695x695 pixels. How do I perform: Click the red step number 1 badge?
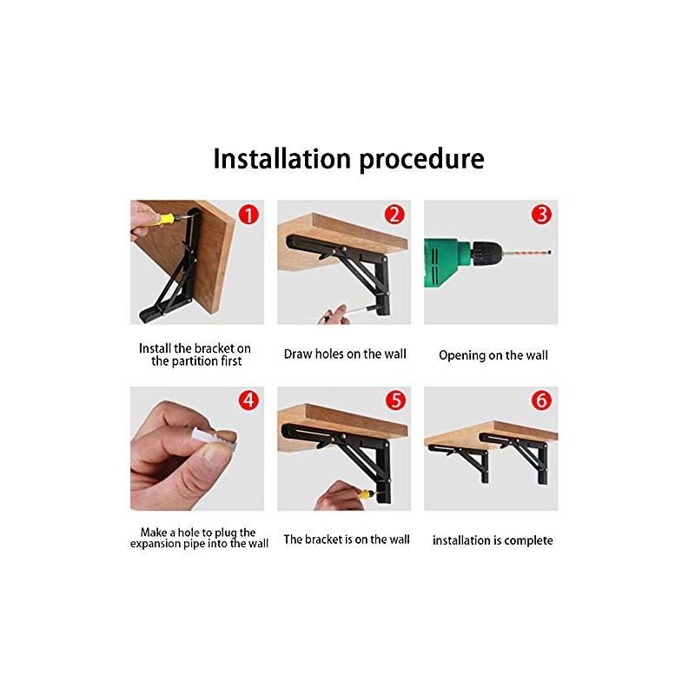pos(248,215)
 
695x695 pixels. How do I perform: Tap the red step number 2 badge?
pos(394,215)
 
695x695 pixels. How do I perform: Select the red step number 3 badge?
pos(541,215)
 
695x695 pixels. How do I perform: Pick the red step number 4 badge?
pos(248,400)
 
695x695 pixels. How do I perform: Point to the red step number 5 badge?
pos(395,400)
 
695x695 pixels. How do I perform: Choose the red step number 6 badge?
pos(541,400)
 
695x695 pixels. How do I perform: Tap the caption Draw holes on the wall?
pos(345,354)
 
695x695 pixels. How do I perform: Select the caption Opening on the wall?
pos(493,355)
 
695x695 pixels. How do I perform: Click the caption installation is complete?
pos(493,540)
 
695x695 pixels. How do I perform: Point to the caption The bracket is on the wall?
pos(347,539)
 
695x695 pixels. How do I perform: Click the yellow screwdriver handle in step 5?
pos(366,493)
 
